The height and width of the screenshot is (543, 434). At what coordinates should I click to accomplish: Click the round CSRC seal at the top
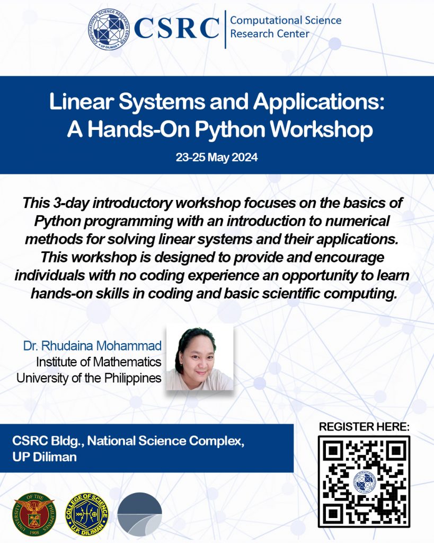[109, 29]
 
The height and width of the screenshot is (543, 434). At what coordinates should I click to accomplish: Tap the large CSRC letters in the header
[177, 28]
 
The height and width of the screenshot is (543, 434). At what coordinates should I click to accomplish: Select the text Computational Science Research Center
[286, 27]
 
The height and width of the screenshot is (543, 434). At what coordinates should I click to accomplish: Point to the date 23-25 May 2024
[217, 157]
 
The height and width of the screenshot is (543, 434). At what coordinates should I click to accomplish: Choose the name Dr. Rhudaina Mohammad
[92, 346]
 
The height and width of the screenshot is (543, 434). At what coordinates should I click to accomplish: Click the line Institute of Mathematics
[99, 362]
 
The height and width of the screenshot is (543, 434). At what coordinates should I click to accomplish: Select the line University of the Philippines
[89, 378]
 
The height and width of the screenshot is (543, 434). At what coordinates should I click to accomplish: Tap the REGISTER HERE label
[364, 427]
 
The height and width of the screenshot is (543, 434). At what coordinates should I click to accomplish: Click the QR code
[364, 481]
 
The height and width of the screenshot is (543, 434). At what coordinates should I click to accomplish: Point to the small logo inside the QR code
[364, 481]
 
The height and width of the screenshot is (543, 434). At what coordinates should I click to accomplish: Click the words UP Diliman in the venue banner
[45, 457]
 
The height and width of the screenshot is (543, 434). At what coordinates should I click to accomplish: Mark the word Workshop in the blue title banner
[322, 129]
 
